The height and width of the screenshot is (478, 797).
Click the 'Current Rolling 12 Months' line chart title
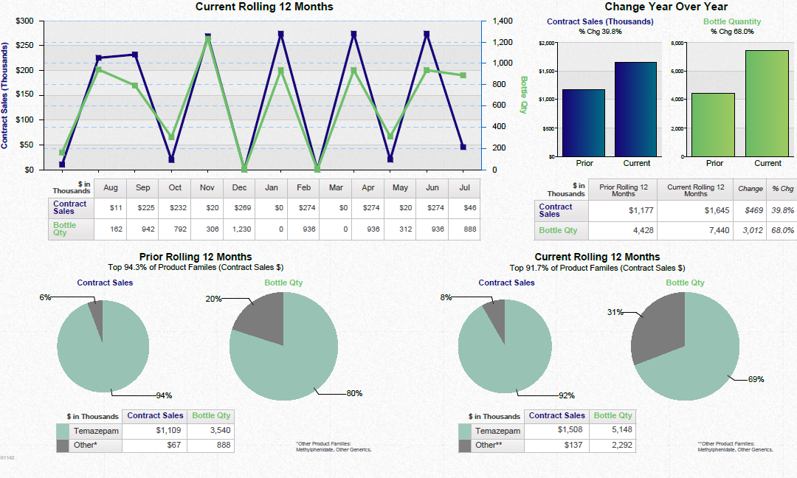coord(263,7)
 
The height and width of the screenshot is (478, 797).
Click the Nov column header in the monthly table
coord(207,188)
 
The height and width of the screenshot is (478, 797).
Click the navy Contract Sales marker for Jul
coord(463,147)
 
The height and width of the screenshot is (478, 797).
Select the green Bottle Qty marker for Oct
coord(171,137)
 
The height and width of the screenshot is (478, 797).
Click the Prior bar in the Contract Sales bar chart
coord(584,122)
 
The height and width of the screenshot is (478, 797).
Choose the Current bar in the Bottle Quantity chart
coord(767,103)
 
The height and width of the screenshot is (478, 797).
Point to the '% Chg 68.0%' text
coord(732,32)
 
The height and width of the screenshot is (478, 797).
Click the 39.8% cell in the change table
coord(782,210)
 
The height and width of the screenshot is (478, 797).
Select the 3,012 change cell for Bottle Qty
coord(752,230)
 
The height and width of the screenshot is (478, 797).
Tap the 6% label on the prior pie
coord(45,297)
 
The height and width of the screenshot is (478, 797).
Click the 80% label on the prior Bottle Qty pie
coord(355,393)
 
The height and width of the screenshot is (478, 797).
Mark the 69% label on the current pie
coord(756,380)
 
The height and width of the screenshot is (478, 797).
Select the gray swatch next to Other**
coord(465,446)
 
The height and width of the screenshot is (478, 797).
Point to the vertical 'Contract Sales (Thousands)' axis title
coord(5,95)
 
